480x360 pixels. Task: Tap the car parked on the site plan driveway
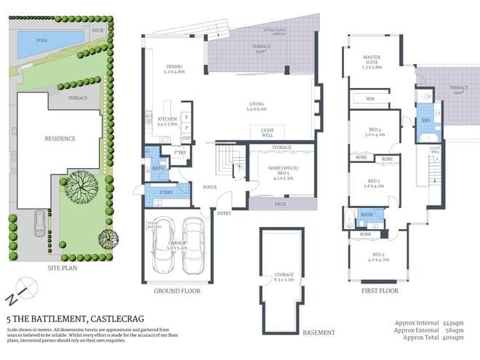[x=38, y=231]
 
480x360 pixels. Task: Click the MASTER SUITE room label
[x=372, y=62]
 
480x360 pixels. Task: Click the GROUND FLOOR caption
[x=177, y=291]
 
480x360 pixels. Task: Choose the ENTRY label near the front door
[x=223, y=213]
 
